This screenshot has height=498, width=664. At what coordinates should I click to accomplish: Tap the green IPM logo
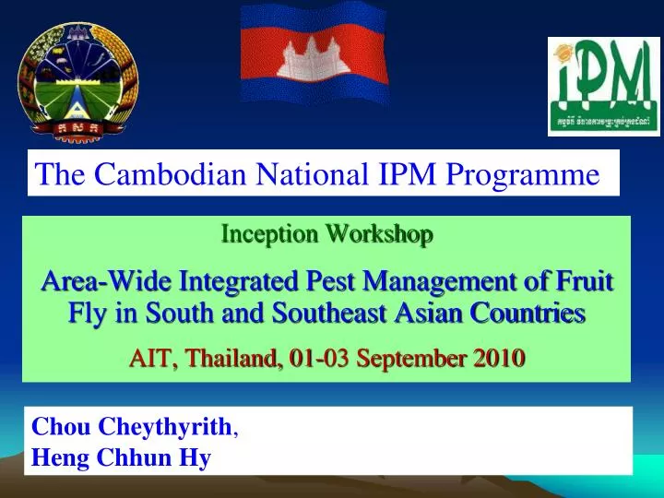coord(603,87)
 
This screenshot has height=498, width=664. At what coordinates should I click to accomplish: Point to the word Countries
coord(530,314)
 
